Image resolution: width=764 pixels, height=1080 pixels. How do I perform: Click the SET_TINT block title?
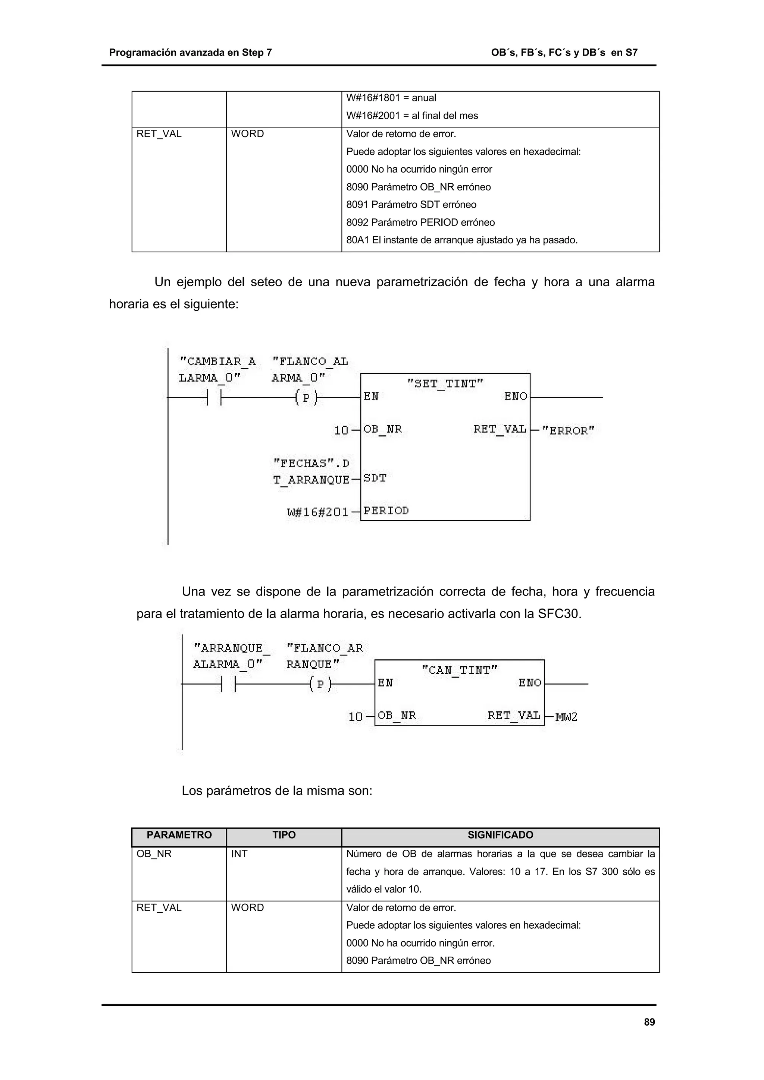pyautogui.click(x=445, y=384)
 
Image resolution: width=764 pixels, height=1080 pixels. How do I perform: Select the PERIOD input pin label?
pyautogui.click(x=386, y=511)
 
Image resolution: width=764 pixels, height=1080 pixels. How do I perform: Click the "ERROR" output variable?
pyautogui.click(x=568, y=430)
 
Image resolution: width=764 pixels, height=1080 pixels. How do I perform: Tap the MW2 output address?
pyautogui.click(x=566, y=717)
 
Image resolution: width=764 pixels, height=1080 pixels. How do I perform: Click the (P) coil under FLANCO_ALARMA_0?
pyautogui.click(x=306, y=398)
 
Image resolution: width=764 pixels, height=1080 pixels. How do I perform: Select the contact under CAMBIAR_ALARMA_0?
pyautogui.click(x=214, y=398)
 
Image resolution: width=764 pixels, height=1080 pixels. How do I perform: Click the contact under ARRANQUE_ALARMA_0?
pyautogui.click(x=228, y=684)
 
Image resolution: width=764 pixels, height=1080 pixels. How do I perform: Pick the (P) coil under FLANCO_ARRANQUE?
pyautogui.click(x=320, y=684)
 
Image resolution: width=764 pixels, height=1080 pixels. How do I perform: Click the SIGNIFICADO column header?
pyautogui.click(x=500, y=835)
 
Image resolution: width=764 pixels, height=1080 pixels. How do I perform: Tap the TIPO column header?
pyautogui.click(x=284, y=835)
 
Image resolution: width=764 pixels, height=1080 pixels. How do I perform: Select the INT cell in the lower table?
pyautogui.click(x=239, y=854)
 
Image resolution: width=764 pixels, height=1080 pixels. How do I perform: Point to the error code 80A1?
pyautogui.click(x=357, y=240)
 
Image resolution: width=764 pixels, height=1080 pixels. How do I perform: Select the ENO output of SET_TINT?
pyautogui.click(x=516, y=397)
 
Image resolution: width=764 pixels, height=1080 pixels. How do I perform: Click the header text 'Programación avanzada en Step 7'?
pyautogui.click(x=190, y=53)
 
